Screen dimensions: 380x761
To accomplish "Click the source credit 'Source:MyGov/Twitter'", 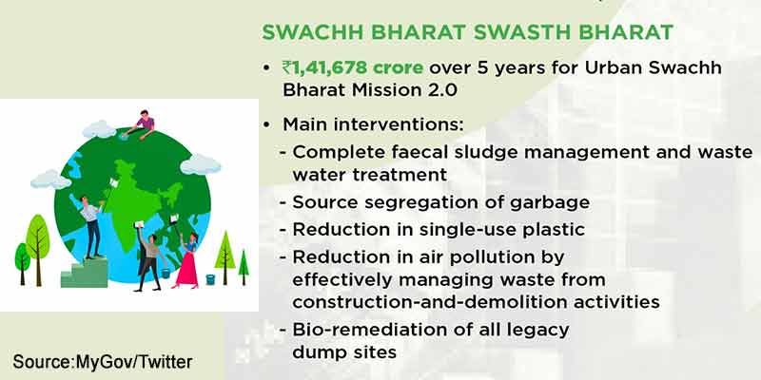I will [103, 362].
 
